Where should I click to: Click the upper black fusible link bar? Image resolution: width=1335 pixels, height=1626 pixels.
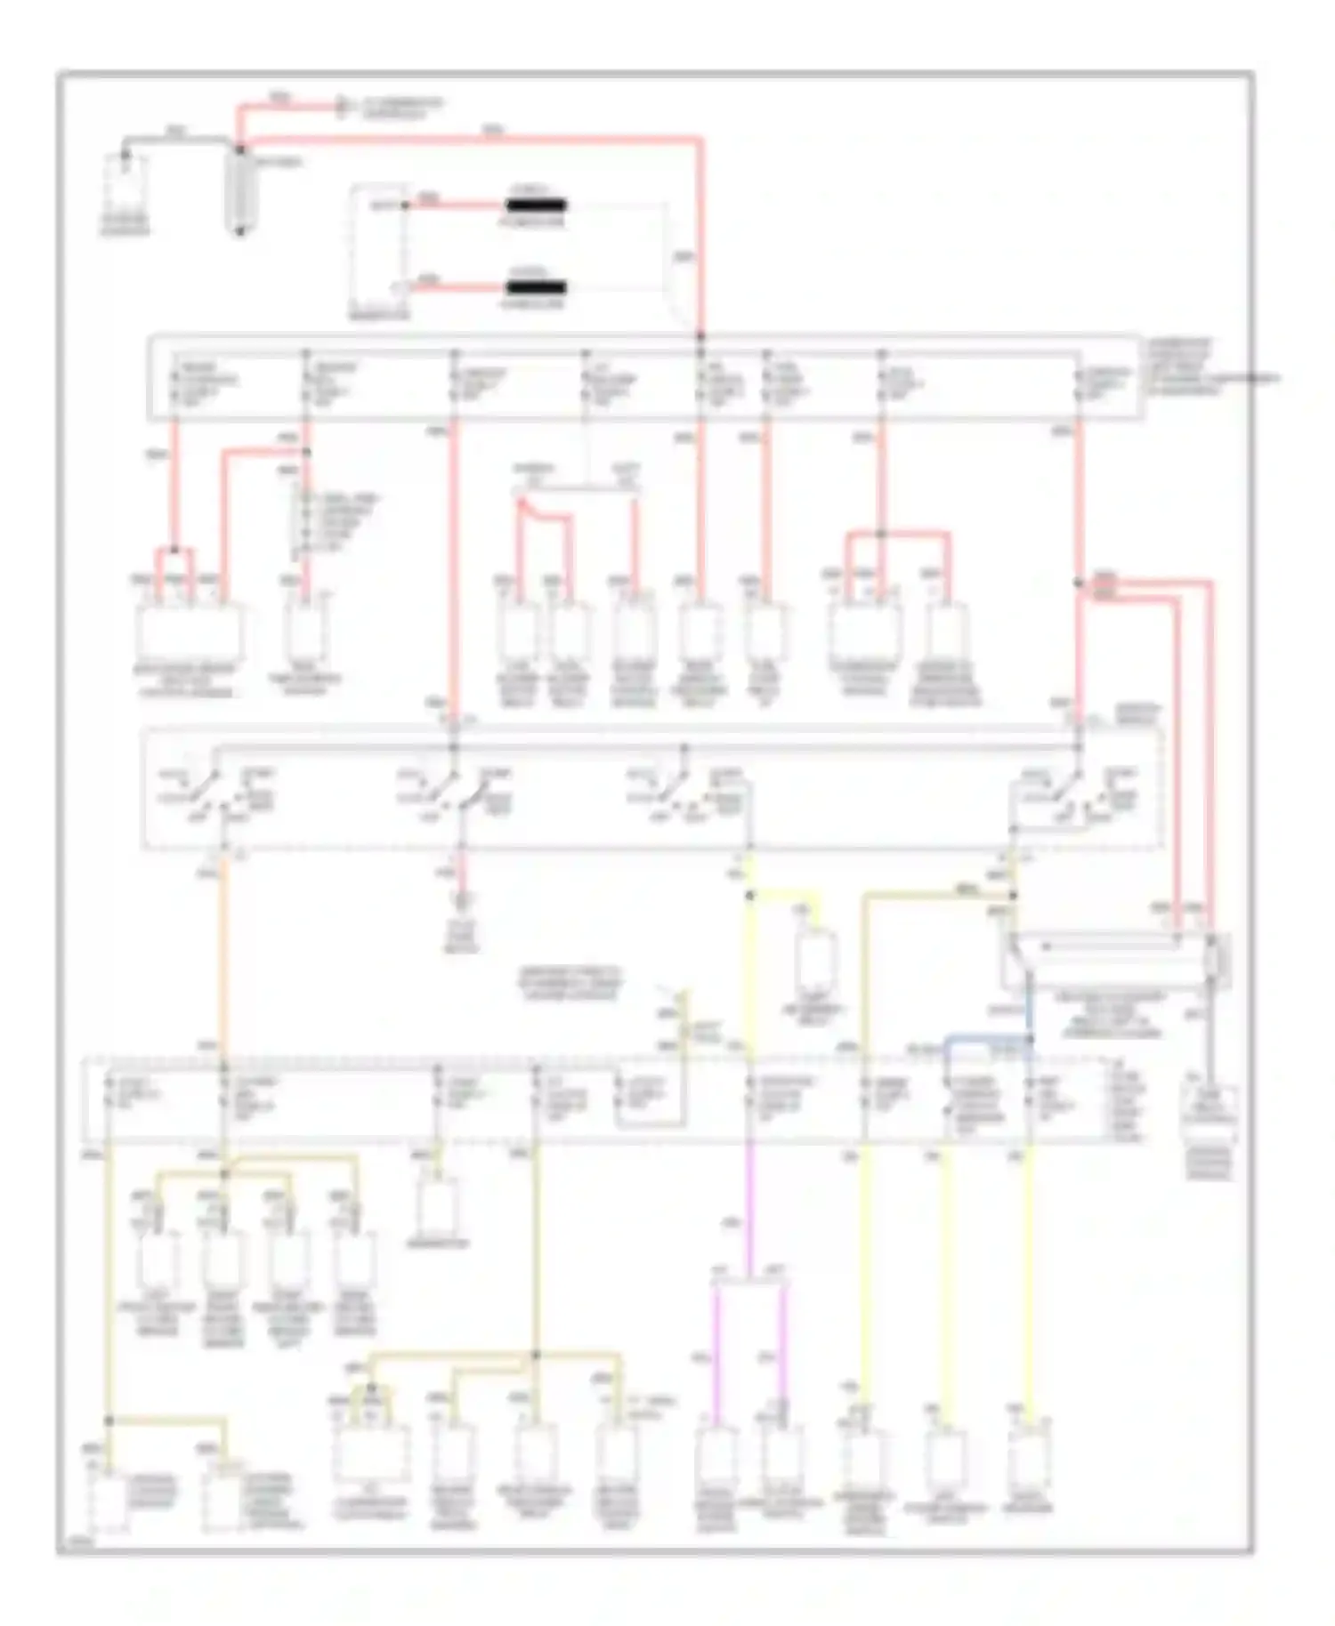[x=536, y=205]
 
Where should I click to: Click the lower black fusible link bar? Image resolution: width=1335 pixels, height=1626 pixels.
[x=536, y=287]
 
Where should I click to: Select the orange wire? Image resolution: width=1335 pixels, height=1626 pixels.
[x=222, y=961]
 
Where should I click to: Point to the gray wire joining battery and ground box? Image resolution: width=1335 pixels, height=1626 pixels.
[x=178, y=140]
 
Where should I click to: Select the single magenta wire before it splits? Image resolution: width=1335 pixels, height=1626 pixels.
[x=748, y=1210]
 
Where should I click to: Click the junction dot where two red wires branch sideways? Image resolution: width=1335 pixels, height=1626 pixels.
[x=1079, y=583]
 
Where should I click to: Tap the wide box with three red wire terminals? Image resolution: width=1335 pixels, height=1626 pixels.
[x=189, y=632]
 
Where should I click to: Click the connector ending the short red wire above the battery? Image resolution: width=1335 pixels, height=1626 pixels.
[x=341, y=108]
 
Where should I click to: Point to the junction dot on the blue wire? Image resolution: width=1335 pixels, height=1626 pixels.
[x=1030, y=1038]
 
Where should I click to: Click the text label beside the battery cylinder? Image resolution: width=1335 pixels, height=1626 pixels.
[x=284, y=164]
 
